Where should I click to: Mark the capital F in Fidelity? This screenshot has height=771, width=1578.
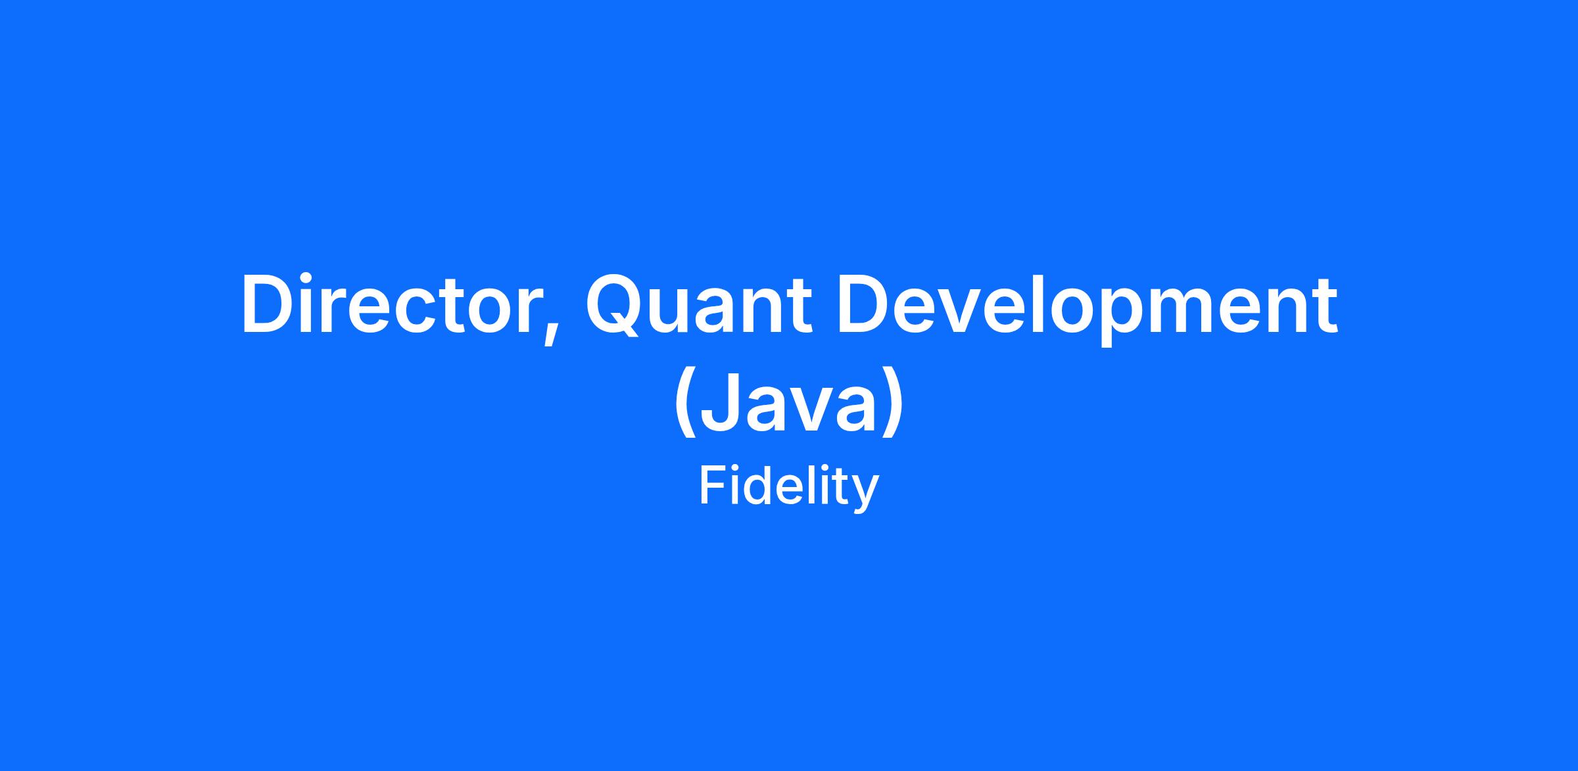[x=714, y=485]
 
